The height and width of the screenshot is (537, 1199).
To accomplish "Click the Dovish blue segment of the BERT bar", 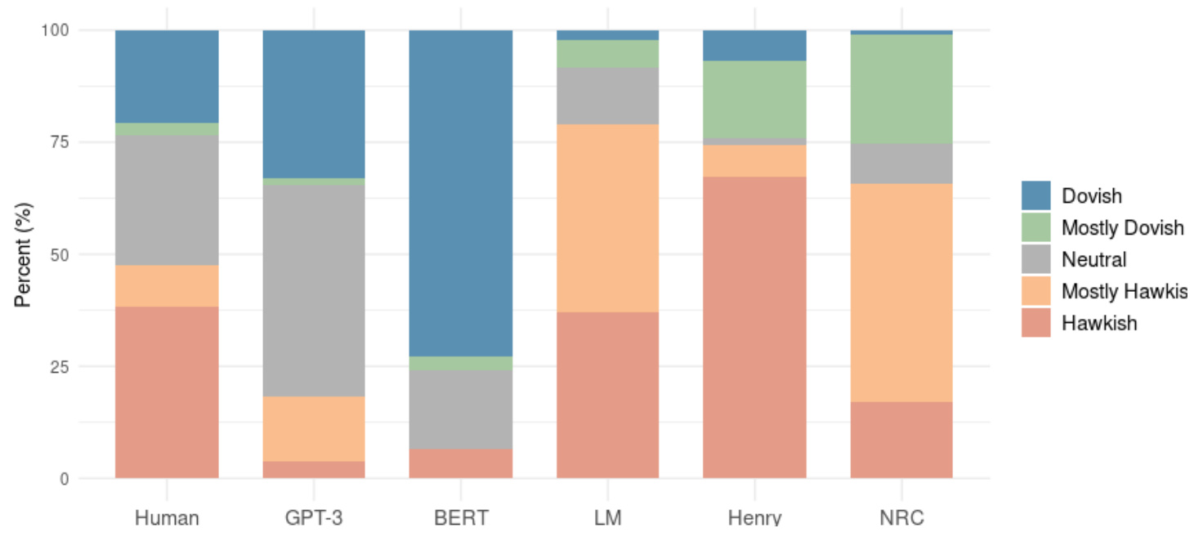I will click(x=460, y=193).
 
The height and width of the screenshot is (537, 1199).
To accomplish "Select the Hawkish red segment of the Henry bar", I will click(x=754, y=327).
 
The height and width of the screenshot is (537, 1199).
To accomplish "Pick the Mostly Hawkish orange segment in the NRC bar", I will click(x=901, y=293).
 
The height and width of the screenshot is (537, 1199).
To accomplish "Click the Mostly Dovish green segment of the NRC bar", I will click(x=901, y=89).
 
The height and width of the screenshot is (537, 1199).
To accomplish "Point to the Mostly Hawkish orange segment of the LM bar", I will click(x=607, y=217).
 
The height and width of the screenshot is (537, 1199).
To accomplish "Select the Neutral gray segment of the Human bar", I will click(x=167, y=200).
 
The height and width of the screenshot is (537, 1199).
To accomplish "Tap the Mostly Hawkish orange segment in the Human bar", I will click(x=167, y=286).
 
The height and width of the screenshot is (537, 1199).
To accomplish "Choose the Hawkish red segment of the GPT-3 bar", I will click(x=313, y=470).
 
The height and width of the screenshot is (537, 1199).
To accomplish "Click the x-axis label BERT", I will click(x=460, y=518).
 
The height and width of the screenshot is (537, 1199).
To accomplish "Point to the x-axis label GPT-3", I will click(x=313, y=518).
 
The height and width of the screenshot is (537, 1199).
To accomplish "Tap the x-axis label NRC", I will click(x=901, y=518).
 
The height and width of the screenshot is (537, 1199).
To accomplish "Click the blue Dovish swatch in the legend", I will click(x=1036, y=195).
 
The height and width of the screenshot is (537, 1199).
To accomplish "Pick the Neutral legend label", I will click(x=1094, y=259).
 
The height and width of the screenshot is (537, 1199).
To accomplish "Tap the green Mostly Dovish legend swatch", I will click(x=1036, y=227).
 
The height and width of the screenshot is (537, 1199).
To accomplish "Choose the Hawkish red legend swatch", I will click(x=1036, y=323).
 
